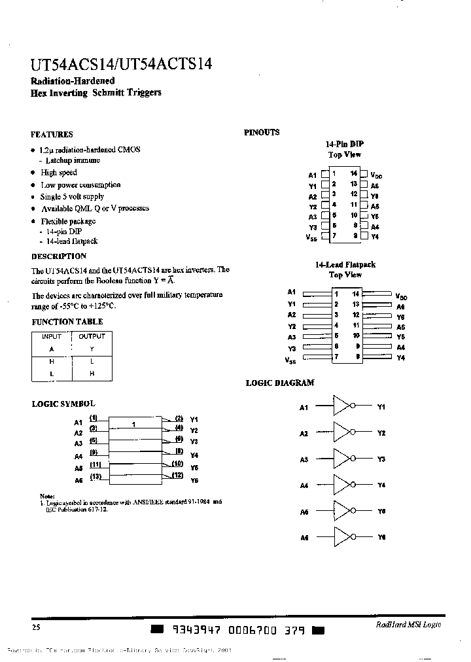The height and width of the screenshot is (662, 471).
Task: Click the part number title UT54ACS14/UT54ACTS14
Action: (x=121, y=65)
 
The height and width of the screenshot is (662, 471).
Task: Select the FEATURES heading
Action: (x=52, y=134)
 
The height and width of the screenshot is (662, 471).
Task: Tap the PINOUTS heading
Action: (x=262, y=132)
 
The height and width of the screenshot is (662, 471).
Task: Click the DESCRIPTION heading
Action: (x=59, y=256)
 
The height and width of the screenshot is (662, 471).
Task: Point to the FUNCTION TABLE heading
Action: (x=67, y=322)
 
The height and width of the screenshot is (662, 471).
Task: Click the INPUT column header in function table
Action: (x=52, y=336)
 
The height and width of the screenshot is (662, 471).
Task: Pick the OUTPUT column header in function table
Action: (x=92, y=336)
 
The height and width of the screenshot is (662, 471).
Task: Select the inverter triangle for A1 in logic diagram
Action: (x=342, y=407)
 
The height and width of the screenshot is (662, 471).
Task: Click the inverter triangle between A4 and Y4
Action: (x=342, y=485)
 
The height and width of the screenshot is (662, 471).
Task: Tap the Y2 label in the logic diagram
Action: (x=381, y=433)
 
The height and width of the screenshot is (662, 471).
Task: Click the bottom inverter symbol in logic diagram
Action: (x=342, y=536)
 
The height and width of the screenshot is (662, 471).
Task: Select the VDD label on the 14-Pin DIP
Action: (x=376, y=176)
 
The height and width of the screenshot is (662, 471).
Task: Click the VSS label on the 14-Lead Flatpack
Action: (x=290, y=360)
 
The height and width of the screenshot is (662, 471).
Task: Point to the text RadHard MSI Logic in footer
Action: (x=408, y=625)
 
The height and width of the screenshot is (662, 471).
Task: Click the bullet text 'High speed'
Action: (x=59, y=173)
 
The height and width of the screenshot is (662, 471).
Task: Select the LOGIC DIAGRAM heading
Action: (x=280, y=383)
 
